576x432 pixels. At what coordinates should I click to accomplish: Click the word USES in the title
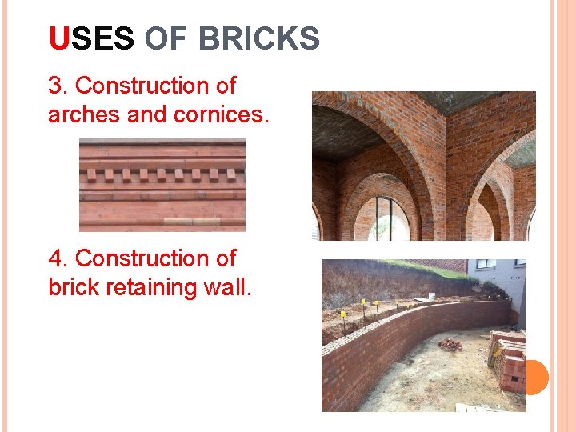tap(91, 38)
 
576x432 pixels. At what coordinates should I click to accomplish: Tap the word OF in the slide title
tap(166, 38)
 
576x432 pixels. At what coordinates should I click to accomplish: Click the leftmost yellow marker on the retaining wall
tap(344, 314)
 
